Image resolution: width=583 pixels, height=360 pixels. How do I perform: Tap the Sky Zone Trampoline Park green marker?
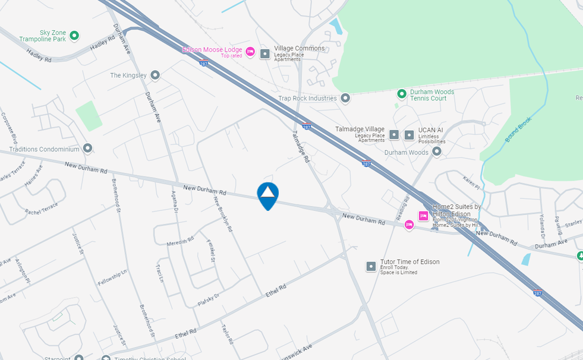coord(74,36)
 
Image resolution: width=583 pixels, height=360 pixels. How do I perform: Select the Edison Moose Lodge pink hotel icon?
coord(250,52)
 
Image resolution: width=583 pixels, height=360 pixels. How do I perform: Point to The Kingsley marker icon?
coord(155,75)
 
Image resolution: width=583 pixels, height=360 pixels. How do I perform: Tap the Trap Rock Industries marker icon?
coord(345,98)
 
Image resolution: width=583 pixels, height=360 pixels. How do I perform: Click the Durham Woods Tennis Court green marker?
coord(402,94)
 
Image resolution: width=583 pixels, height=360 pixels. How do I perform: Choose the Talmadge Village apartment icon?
coord(394,135)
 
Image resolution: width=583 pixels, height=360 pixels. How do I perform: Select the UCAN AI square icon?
coord(409,135)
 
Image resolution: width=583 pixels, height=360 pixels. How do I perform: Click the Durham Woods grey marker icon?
coord(437,152)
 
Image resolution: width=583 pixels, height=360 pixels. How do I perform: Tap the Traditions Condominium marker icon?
coord(88,148)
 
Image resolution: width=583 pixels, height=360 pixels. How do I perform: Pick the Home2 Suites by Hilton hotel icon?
coord(424,216)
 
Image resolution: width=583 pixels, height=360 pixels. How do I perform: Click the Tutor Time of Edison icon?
coord(371,266)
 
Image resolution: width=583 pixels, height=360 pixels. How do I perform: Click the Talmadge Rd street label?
coord(301,147)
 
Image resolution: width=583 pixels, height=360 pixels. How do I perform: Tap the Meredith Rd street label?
coord(181,240)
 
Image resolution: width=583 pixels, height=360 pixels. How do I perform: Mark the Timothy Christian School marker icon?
coord(106,358)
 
